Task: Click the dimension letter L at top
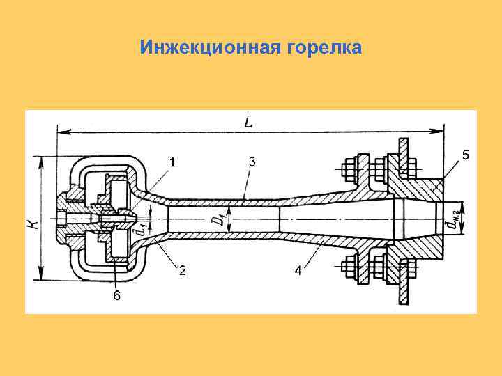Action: [249, 122]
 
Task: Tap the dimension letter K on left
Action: [33, 224]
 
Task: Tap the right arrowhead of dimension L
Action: [441, 130]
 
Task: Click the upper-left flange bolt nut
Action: [348, 169]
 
